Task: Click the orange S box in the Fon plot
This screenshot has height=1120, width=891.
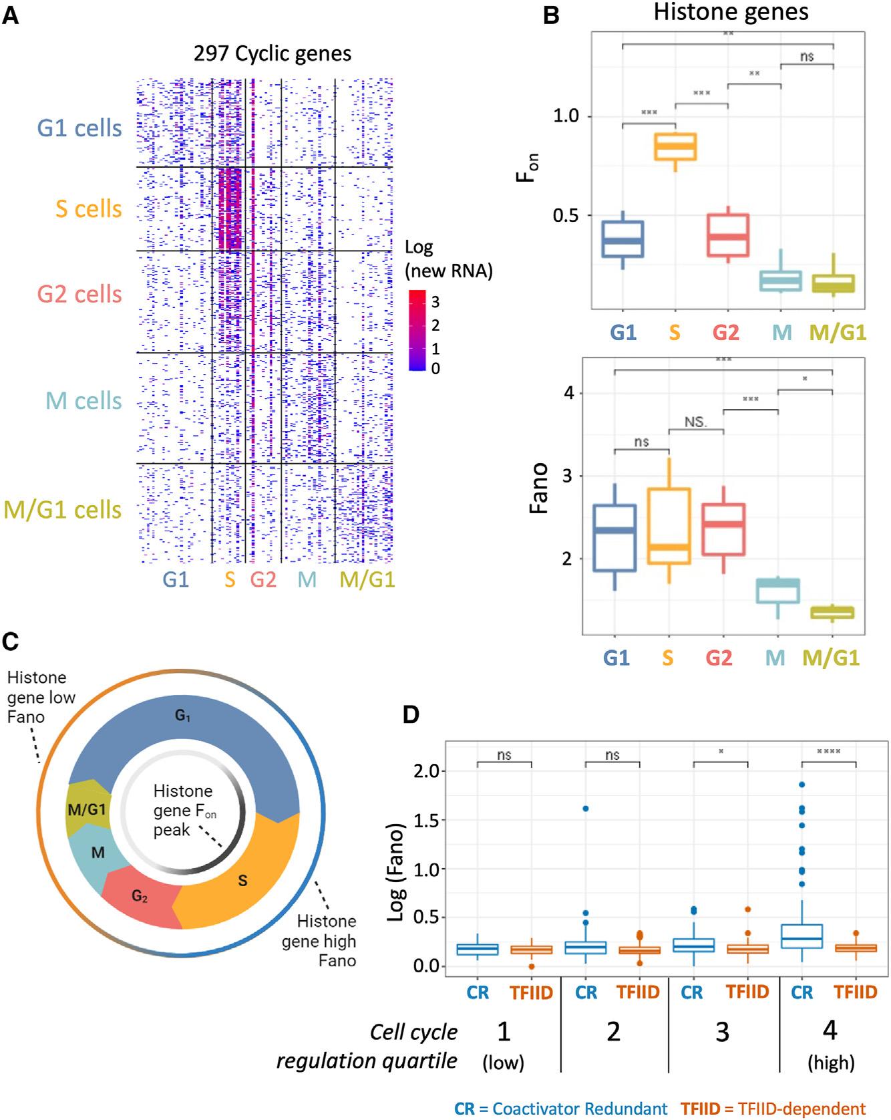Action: (x=675, y=146)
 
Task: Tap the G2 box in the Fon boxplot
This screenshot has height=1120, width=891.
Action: (x=728, y=235)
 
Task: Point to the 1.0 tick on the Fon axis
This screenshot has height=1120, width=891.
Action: (x=567, y=116)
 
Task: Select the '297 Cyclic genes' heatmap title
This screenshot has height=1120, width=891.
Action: (x=273, y=53)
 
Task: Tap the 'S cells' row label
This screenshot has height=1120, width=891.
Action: (x=89, y=208)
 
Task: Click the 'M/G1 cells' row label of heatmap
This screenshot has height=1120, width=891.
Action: (x=63, y=510)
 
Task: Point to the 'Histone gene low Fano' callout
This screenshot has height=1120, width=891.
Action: (x=40, y=697)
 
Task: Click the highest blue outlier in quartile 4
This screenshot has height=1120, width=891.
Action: (x=801, y=785)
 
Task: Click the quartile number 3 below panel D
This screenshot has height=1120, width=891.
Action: (x=723, y=1032)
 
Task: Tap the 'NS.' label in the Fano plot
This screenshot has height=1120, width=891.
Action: (x=696, y=423)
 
